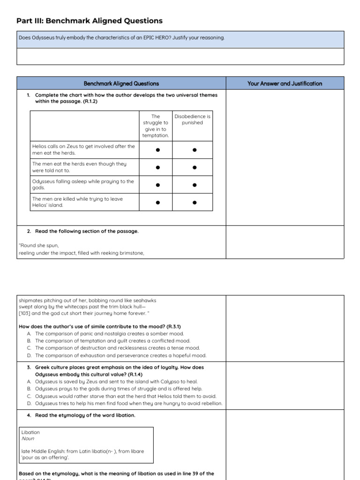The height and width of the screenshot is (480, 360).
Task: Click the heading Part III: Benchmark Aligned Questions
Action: [x=90, y=21]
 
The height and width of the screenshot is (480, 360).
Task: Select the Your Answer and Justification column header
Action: [x=285, y=83]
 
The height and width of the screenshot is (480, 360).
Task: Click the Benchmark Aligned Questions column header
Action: [x=121, y=83]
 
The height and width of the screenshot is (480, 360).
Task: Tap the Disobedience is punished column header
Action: [x=192, y=120]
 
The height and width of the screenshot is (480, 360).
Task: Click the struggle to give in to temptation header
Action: [x=156, y=126]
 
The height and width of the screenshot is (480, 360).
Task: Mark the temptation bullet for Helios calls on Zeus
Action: [x=157, y=150]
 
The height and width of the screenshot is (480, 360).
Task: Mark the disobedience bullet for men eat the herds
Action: [x=194, y=167]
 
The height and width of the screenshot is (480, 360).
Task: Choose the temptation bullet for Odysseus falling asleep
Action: [x=157, y=185]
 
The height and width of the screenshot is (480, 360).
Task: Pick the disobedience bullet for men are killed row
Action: [x=194, y=202]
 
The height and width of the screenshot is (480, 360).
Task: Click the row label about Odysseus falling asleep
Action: [x=83, y=185]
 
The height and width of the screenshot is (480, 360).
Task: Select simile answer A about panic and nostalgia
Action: [x=106, y=334]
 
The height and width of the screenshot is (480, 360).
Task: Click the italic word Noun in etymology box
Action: [x=28, y=439]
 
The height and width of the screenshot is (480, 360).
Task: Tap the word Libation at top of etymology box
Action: [x=30, y=432]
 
